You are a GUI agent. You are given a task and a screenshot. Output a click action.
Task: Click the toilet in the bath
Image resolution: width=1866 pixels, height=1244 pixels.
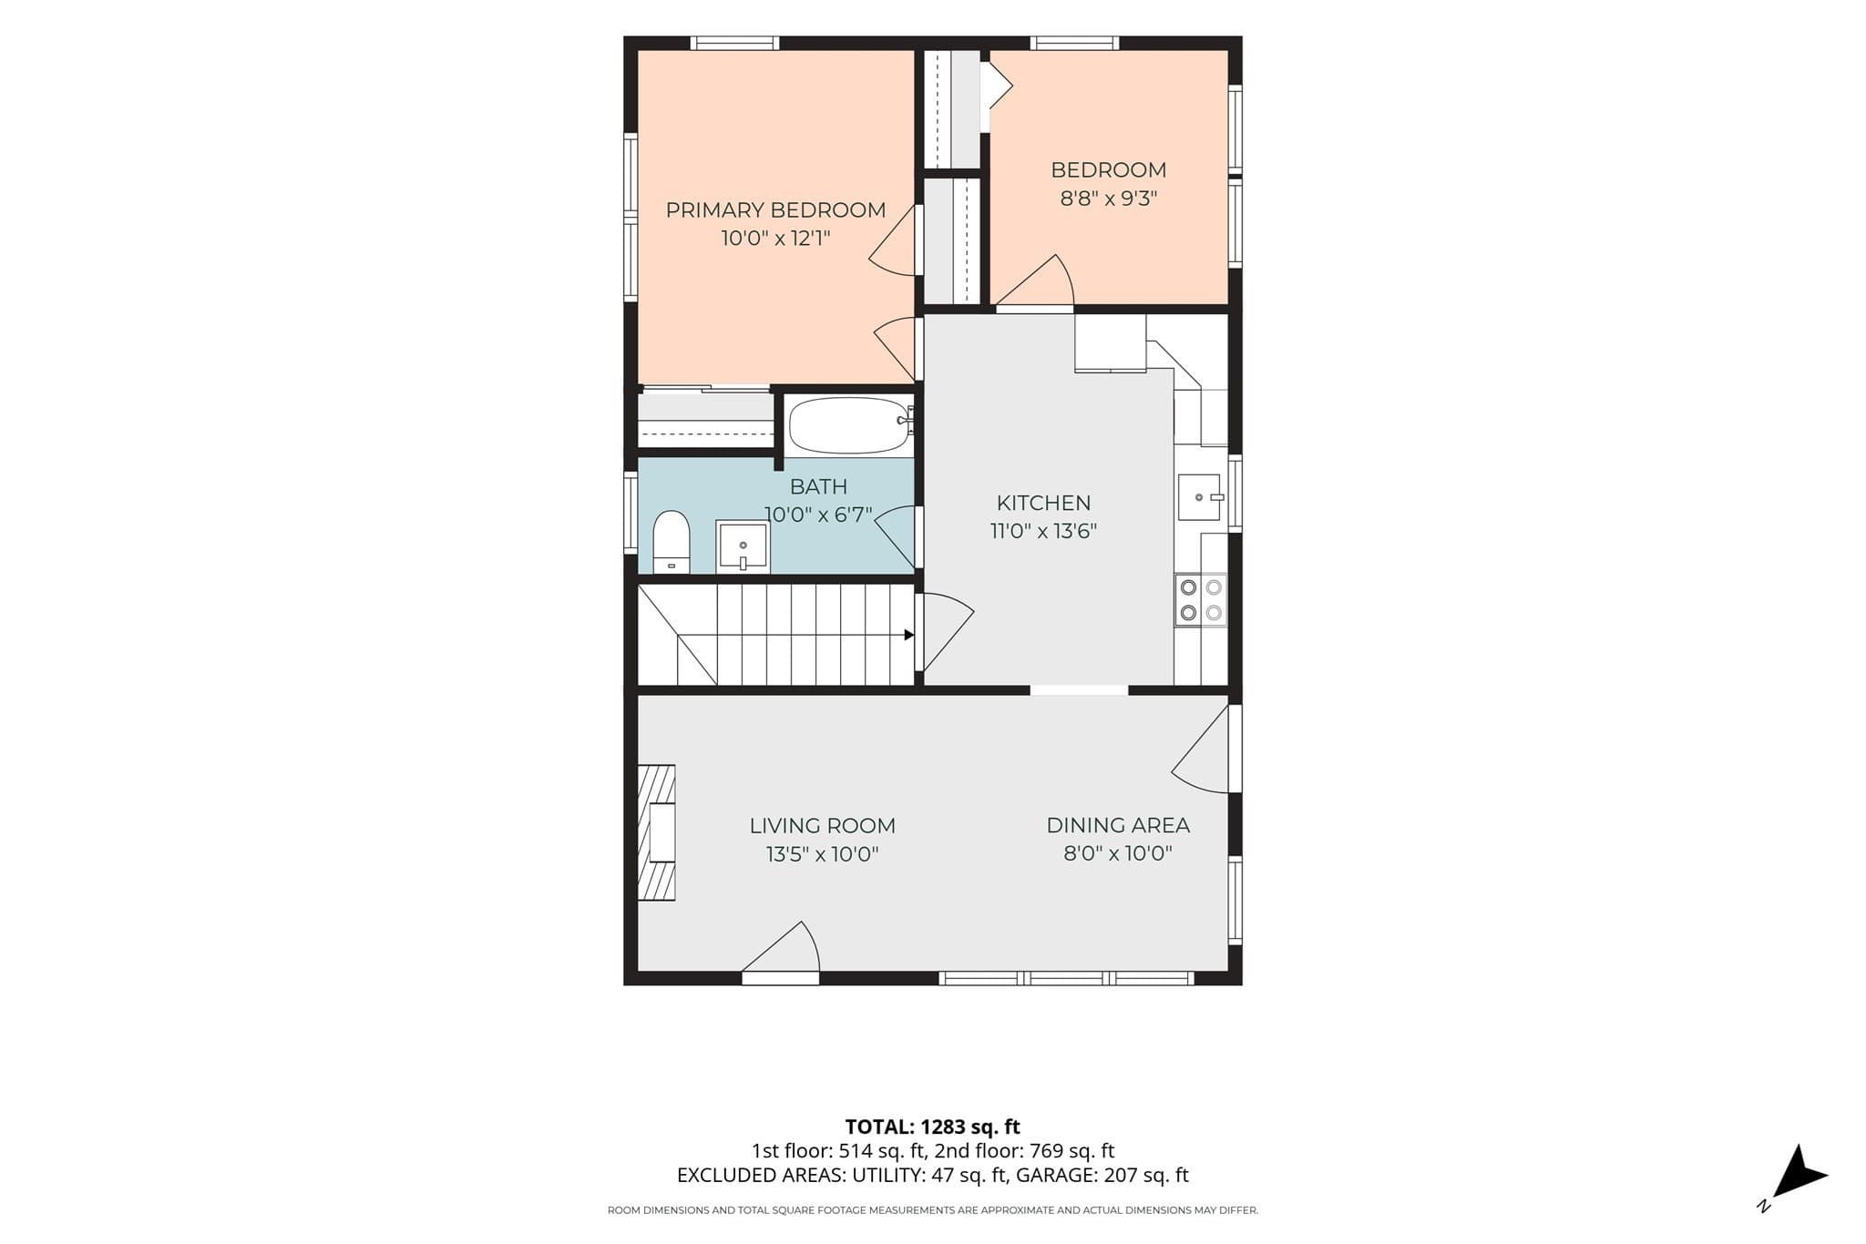[672, 542]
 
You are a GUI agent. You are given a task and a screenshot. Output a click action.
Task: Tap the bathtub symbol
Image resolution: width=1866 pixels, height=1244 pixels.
[850, 425]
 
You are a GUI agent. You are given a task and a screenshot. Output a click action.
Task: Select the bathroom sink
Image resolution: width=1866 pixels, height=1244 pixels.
[743, 546]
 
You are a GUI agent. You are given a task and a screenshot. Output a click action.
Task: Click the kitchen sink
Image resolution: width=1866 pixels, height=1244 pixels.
[1200, 497]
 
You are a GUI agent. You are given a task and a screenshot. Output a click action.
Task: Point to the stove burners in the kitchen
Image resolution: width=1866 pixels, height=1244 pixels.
[1201, 600]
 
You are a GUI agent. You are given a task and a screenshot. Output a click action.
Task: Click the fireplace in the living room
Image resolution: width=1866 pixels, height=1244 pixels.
[656, 832]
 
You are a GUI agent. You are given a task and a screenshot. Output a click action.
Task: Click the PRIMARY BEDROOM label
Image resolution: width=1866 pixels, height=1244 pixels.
[775, 210]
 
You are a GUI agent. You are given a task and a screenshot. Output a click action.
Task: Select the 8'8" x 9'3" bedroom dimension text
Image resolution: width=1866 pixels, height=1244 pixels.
[1108, 199]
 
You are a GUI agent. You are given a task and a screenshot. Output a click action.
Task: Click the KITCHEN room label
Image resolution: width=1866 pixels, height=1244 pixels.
[1043, 503]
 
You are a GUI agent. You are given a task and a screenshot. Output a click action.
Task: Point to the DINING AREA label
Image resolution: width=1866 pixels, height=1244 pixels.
[1118, 825]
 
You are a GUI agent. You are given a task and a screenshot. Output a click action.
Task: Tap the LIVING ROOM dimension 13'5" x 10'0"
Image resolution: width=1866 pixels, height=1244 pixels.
[822, 854]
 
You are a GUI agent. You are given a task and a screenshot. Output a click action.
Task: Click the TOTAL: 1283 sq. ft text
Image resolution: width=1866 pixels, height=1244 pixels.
[932, 1127]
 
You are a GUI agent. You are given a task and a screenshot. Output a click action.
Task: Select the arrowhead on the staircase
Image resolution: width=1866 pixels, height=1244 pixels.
[908, 635]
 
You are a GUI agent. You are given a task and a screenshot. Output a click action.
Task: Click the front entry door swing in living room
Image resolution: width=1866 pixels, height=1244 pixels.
[781, 950]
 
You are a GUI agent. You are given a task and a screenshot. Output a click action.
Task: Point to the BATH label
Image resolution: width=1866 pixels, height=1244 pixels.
[818, 486]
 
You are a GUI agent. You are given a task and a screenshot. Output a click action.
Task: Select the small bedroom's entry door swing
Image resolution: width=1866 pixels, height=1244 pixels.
[1034, 281]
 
